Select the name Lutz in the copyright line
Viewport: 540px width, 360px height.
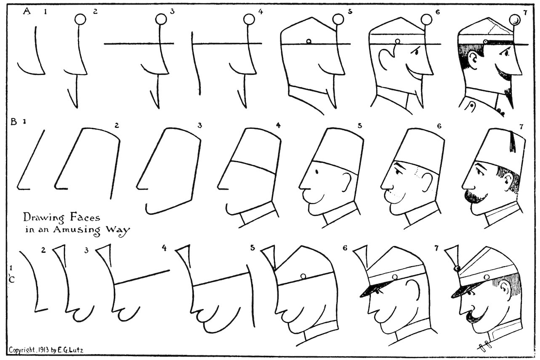pos(77,350)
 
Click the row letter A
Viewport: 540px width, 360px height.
pos(27,12)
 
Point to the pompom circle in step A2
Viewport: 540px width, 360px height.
pos(80,19)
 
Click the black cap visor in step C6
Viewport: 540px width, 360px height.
pos(371,290)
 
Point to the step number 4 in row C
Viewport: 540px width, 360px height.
pos(164,248)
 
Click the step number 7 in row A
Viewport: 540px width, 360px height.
pos(525,12)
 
